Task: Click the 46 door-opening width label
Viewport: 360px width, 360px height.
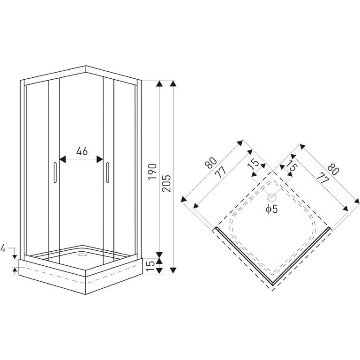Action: point(82,151)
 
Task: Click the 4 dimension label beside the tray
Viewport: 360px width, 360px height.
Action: point(4,248)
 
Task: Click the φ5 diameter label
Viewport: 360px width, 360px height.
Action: point(271,209)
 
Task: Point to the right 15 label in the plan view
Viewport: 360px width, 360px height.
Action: point(292,166)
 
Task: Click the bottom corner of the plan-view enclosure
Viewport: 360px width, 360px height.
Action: point(272,284)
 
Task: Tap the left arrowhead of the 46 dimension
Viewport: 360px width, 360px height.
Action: point(62,159)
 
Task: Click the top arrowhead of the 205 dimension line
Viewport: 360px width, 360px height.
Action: point(173,83)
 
